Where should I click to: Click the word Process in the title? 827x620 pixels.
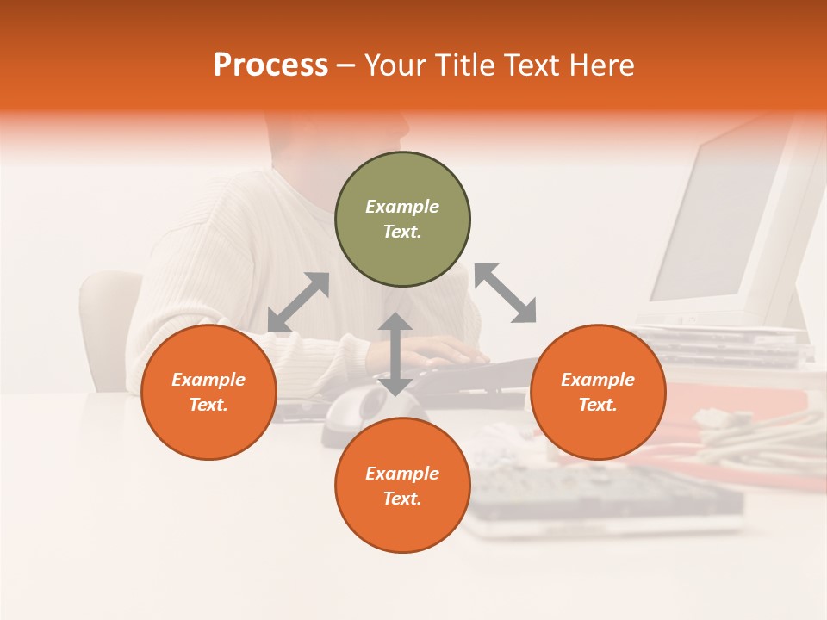tap(270, 65)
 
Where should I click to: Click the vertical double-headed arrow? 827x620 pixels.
tap(395, 354)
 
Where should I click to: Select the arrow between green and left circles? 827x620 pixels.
tap(298, 302)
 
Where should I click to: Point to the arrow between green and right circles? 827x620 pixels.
tap(505, 293)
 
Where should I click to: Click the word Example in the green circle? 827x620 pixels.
tap(402, 207)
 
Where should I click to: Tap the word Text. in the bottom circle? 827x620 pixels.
tap(402, 499)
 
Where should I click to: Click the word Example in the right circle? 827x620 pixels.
tap(598, 380)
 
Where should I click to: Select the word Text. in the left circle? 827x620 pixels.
tap(208, 405)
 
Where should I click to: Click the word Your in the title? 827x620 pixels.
tap(398, 65)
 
